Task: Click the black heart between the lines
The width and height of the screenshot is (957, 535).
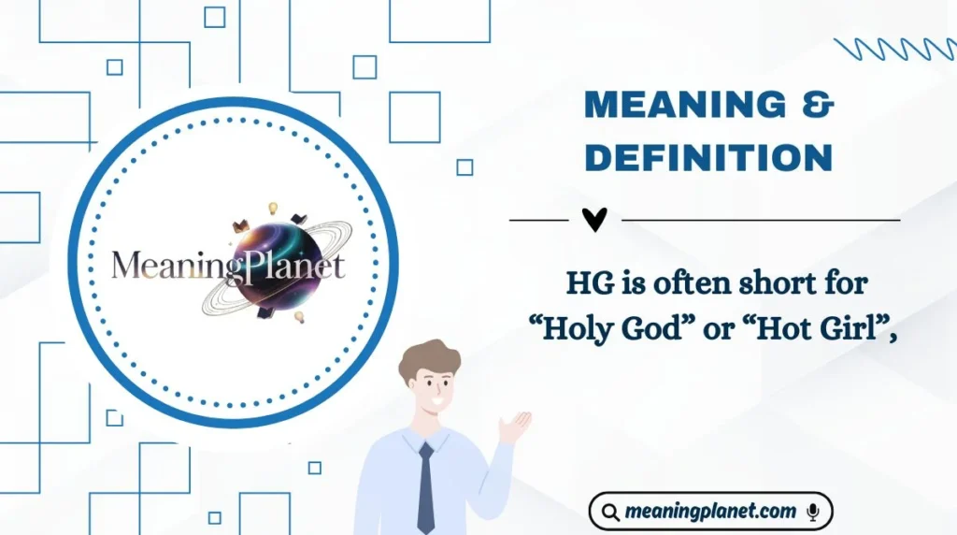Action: tap(594, 220)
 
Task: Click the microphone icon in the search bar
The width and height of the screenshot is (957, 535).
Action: tap(813, 511)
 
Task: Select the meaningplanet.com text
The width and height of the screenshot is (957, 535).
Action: tap(711, 512)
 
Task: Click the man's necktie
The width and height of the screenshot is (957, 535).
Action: tap(426, 487)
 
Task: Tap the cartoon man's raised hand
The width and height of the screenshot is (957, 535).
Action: tap(514, 426)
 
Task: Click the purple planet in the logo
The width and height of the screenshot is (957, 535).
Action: tap(274, 263)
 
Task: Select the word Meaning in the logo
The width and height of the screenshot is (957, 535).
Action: tap(164, 267)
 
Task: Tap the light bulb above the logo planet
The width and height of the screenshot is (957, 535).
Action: tap(274, 208)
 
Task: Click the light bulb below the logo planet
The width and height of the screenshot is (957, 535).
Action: tap(299, 317)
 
